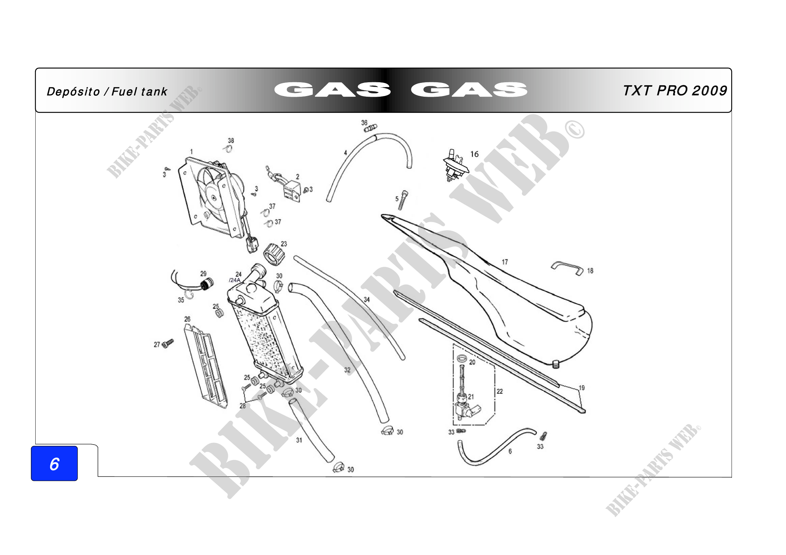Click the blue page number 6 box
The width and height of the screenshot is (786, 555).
click(x=54, y=463)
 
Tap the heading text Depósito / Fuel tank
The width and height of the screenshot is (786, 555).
click(x=107, y=92)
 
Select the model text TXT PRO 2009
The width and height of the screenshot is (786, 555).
click(x=675, y=91)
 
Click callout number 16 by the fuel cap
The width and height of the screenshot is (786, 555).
click(x=474, y=154)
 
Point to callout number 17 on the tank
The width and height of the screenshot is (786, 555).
click(x=505, y=262)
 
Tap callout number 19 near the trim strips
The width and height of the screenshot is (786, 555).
click(x=582, y=388)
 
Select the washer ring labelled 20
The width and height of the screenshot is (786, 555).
click(x=462, y=359)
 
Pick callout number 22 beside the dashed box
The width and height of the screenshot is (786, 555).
click(x=500, y=391)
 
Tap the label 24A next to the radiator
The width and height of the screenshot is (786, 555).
click(x=235, y=280)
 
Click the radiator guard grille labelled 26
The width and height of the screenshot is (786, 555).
click(x=205, y=366)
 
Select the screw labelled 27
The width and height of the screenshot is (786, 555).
click(x=168, y=343)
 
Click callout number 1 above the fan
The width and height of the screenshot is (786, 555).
click(x=191, y=151)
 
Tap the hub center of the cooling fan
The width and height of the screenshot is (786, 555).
click(x=214, y=197)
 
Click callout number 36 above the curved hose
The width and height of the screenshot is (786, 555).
click(x=364, y=123)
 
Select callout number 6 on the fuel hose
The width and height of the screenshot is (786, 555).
click(x=510, y=451)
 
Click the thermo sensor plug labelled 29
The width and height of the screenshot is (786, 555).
click(x=206, y=284)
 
